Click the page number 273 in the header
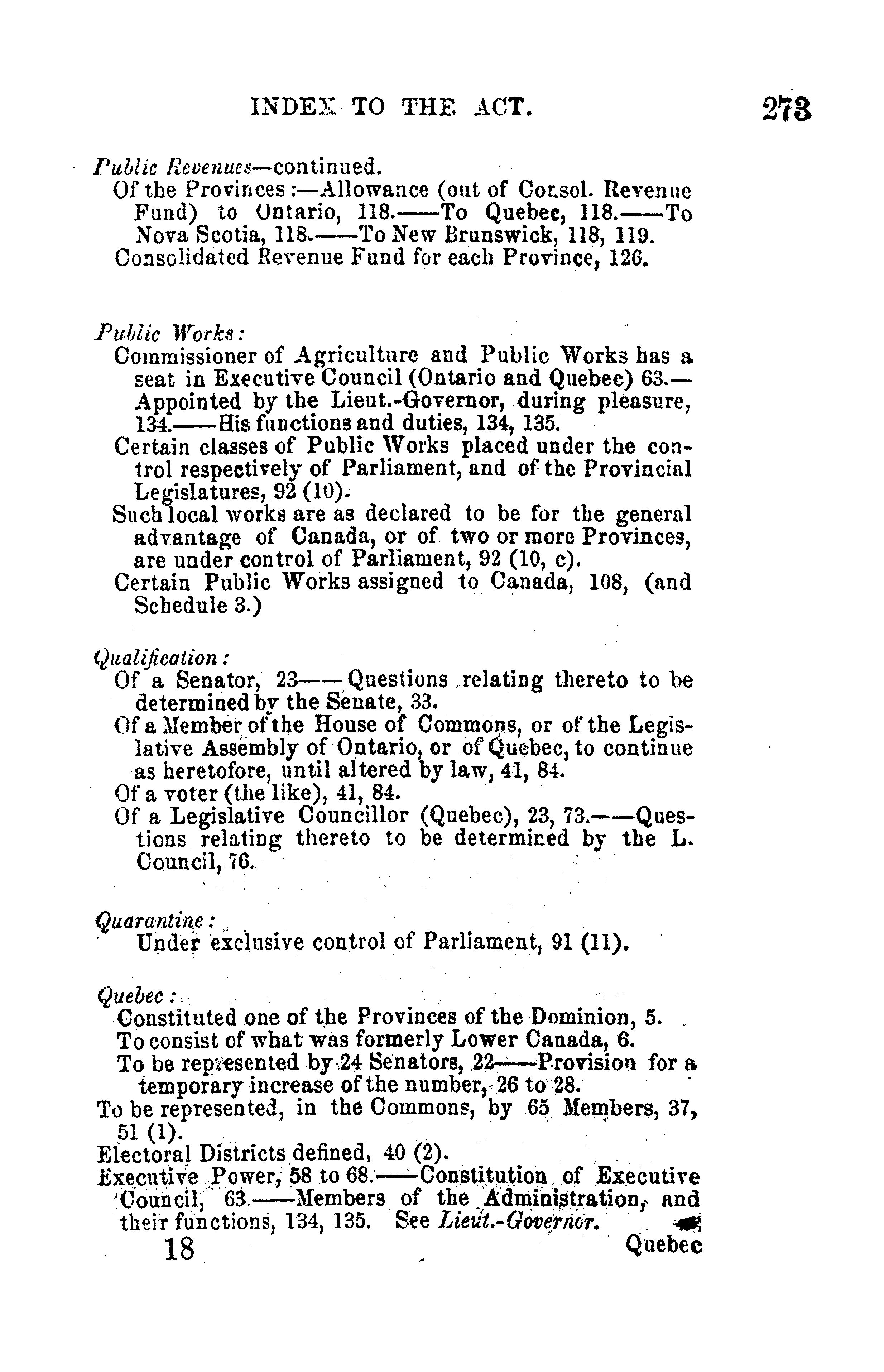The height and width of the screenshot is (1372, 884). coord(787,109)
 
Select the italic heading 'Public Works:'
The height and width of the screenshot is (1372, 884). coord(170,333)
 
